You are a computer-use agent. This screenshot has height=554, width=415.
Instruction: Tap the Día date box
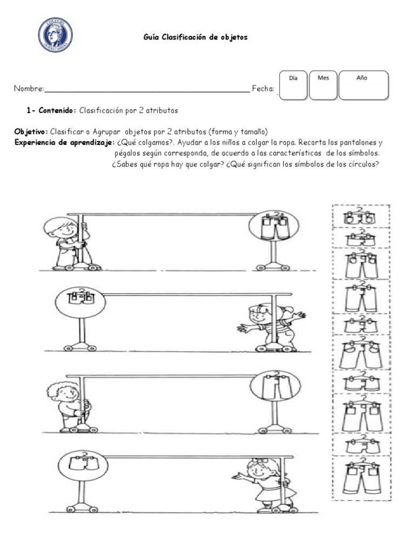point(293,85)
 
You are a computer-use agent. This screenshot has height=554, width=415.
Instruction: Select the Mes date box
point(323,85)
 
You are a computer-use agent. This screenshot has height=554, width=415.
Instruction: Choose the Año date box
point(363,85)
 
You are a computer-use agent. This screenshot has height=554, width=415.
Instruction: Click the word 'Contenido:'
point(58,110)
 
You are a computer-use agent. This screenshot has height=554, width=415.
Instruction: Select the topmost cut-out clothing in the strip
point(359,217)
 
